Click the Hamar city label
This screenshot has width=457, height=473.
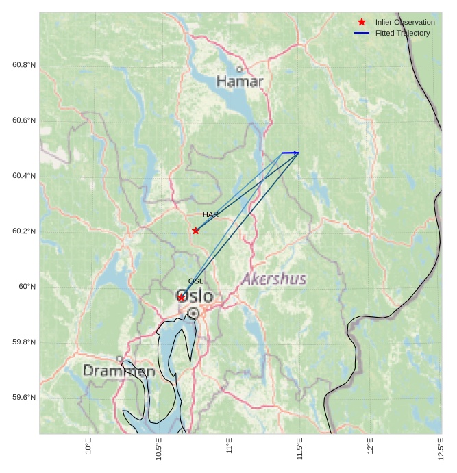(x=240, y=81)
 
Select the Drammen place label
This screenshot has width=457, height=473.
(x=119, y=371)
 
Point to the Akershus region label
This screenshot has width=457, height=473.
(x=274, y=279)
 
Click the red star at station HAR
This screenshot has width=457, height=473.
(x=196, y=231)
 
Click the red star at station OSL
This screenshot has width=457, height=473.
(x=182, y=297)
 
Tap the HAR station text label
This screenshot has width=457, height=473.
(x=210, y=215)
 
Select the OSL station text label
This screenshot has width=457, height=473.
(x=195, y=281)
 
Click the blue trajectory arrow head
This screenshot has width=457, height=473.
(x=297, y=153)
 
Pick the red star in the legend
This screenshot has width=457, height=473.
(x=362, y=22)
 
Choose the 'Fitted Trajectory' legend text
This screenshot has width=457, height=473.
(x=403, y=33)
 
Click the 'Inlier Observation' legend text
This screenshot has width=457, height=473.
(x=405, y=22)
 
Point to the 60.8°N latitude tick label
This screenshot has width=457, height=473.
(x=24, y=65)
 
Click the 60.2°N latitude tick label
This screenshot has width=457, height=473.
(x=24, y=231)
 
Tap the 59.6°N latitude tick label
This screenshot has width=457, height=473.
(x=24, y=398)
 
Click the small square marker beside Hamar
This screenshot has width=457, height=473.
(x=239, y=69)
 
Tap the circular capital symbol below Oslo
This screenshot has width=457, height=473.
(x=194, y=313)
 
